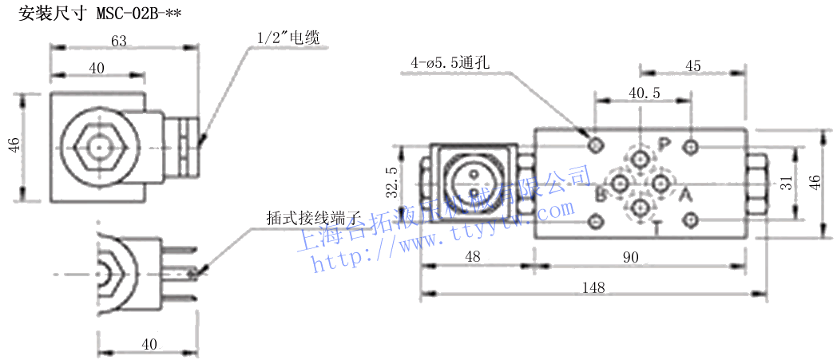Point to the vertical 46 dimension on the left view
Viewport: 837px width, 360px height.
coord(14,144)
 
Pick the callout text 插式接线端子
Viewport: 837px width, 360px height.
coord(315,217)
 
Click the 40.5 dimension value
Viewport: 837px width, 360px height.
coord(645,93)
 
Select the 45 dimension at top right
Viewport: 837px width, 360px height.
coord(692,66)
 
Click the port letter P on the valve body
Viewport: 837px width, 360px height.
coord(664,144)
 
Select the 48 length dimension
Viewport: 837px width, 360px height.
coord(473,257)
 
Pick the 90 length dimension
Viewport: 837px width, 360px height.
coord(631,257)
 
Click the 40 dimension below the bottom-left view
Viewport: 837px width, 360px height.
coord(149,344)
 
